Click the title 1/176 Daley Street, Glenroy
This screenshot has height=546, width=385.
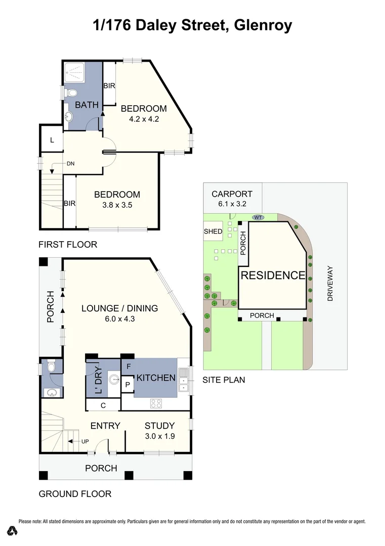tap(192, 25)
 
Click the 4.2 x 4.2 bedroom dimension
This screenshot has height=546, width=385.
tap(143, 120)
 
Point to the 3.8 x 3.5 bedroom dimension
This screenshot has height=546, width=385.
tap(116, 205)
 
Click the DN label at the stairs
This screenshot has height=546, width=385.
tap(71, 164)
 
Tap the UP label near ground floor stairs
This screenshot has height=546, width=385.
tap(85, 441)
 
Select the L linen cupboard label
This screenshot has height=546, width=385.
tap(52, 140)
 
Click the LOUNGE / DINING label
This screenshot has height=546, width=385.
tap(120, 308)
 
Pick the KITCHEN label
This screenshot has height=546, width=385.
tap(155, 378)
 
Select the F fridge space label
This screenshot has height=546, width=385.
tap(129, 366)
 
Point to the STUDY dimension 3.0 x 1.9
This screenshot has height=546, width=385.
tap(159, 436)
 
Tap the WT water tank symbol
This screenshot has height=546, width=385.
tap(258, 217)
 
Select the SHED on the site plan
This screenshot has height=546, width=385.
tap(213, 232)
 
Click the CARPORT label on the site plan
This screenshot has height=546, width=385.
tap(232, 194)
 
